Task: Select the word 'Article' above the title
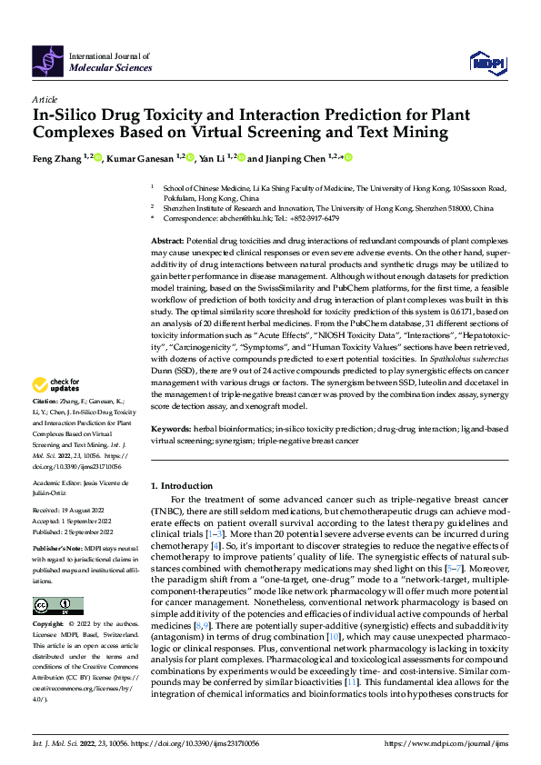click(45, 98)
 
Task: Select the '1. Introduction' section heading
click(185, 486)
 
